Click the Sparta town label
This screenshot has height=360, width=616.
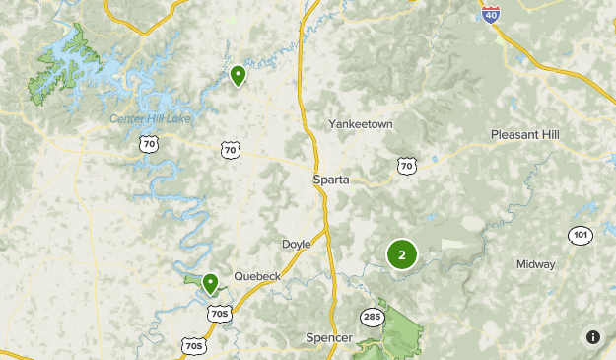coord(331,180)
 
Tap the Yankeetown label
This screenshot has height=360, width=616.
coord(360,124)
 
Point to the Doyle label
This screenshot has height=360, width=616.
coord(296,244)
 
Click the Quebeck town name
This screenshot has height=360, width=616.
coord(257,276)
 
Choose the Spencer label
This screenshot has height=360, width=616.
coord(329,338)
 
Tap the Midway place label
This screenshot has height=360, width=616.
coord(535,264)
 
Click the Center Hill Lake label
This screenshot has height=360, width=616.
coord(151,120)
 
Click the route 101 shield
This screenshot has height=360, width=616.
coord(581,235)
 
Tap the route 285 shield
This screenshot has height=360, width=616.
coord(372,317)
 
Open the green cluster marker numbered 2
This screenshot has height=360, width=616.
coord(401,254)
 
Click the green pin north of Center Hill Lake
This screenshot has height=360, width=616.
coord(238,75)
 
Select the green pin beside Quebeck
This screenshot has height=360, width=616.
coord(210,284)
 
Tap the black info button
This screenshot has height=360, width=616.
coord(593,337)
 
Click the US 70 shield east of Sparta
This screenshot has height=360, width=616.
coord(406,167)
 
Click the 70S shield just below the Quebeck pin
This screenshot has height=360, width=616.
coord(220,313)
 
